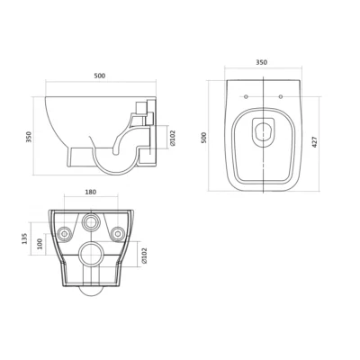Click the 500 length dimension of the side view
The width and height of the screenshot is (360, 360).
(100, 76)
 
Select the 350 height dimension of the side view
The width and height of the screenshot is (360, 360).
(29, 137)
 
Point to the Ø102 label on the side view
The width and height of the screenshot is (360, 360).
(173, 138)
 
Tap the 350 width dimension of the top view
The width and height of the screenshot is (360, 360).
(261, 62)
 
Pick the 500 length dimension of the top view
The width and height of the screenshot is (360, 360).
(204, 138)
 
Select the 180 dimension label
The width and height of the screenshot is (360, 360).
(91, 192)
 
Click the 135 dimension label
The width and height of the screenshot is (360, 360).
(25, 238)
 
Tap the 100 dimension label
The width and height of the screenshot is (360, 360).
(40, 245)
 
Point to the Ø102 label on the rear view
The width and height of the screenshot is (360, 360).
(144, 256)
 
